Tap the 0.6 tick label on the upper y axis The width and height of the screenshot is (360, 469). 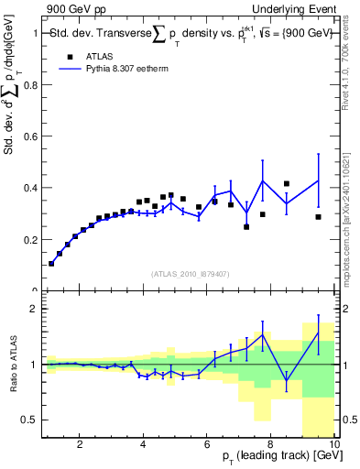32,136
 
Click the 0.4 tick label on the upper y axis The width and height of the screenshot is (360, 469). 32,188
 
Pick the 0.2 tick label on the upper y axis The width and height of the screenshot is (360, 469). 32,240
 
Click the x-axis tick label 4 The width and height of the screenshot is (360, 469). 144,446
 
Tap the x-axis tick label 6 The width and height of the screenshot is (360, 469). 207,446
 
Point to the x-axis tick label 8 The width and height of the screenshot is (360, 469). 271,446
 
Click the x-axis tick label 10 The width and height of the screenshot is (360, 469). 333,446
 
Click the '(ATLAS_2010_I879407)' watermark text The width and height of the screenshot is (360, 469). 189,273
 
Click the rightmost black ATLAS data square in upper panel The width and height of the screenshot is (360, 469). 318,217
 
